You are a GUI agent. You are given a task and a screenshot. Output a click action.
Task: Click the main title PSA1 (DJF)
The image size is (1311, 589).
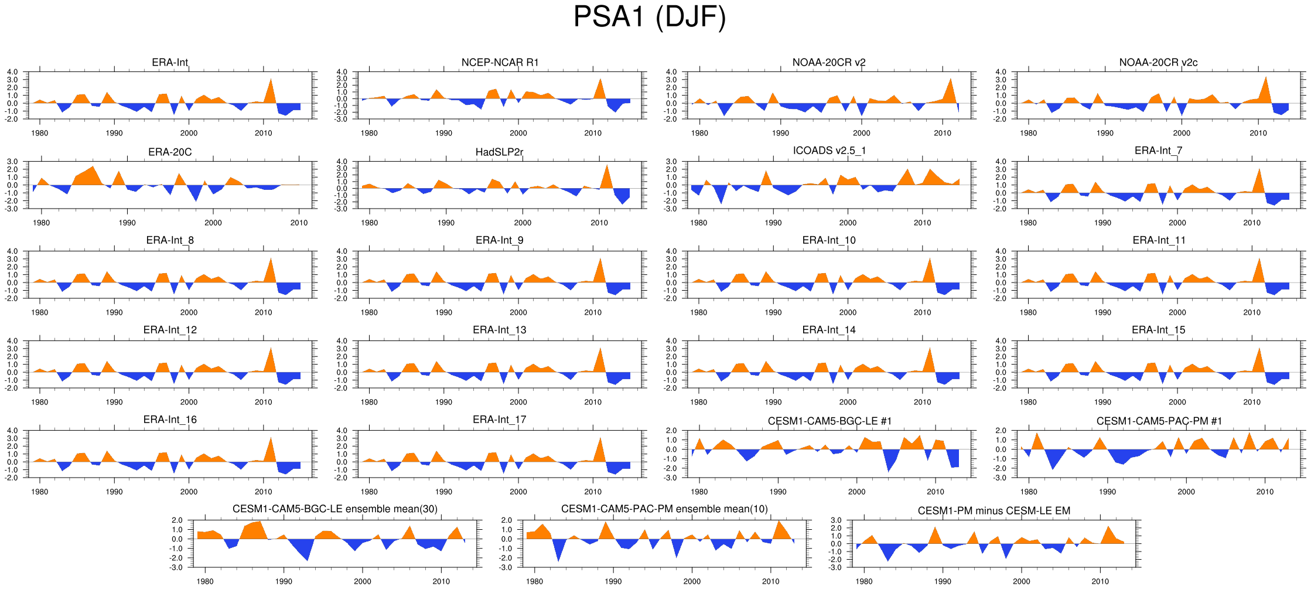[x=649, y=18]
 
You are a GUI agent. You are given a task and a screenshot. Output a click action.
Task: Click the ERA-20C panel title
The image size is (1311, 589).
[x=170, y=152]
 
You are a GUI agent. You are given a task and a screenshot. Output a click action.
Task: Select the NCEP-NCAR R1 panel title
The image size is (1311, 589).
[x=500, y=63]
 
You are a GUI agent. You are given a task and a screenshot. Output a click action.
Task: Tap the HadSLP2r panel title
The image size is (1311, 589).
[x=499, y=152]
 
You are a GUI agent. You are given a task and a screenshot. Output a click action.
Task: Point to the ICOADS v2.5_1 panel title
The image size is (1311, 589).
[x=829, y=151]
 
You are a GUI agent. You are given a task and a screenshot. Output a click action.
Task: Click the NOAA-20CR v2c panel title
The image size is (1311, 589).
[x=1158, y=63]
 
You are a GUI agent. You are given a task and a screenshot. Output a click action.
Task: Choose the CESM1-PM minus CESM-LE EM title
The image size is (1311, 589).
[x=994, y=511]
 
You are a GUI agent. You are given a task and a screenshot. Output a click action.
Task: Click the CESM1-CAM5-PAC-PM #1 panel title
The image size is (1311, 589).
[x=1159, y=421]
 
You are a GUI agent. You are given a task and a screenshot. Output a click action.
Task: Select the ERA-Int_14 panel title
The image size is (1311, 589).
[x=829, y=330]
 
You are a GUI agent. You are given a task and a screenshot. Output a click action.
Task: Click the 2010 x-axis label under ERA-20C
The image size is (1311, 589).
[x=299, y=223]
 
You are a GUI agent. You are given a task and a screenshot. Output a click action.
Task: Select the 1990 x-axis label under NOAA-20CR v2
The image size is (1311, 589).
[x=780, y=133]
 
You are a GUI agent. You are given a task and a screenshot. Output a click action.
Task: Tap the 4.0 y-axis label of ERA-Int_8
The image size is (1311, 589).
[x=13, y=251]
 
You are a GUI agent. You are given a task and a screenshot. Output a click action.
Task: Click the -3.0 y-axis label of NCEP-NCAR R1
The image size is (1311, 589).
[x=342, y=119]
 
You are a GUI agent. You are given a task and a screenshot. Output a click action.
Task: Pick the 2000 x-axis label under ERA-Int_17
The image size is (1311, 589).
[x=518, y=492]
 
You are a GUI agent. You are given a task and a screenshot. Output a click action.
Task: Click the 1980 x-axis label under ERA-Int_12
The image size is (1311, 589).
[x=39, y=402]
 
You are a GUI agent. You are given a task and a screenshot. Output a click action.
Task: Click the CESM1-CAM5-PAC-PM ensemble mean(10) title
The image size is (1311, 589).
[x=664, y=509]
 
